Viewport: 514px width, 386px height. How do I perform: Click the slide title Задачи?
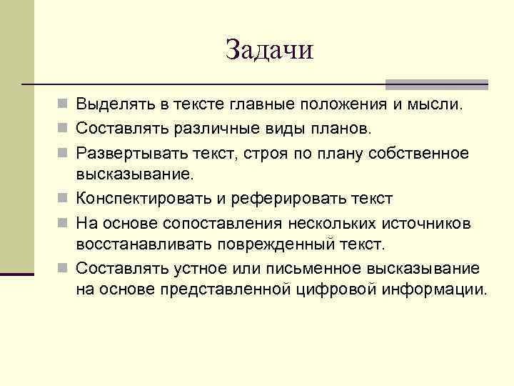coord(269,50)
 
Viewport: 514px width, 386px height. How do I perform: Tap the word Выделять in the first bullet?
coord(111,106)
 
